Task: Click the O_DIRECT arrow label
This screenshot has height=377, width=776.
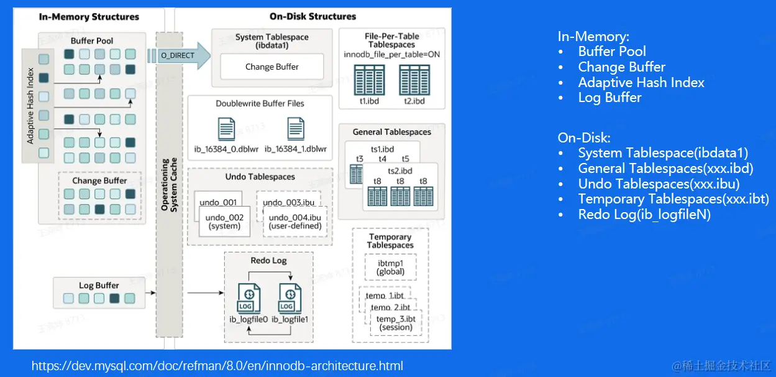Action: tap(178, 55)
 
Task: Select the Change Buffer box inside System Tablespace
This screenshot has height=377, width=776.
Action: tap(272, 67)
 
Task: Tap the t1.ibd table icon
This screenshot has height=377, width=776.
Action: tap(370, 79)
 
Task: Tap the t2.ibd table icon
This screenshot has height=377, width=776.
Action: tap(414, 79)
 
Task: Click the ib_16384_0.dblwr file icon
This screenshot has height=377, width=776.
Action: tap(227, 129)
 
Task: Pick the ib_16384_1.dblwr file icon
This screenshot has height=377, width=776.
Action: tap(296, 129)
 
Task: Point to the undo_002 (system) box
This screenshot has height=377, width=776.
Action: tap(224, 221)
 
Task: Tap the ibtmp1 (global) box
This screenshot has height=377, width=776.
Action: tap(391, 268)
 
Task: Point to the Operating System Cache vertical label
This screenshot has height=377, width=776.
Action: tap(169, 184)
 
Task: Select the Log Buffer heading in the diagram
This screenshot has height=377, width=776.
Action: tap(99, 286)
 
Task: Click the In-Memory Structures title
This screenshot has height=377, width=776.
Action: tap(89, 17)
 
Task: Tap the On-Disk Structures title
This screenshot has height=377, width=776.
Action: tap(313, 17)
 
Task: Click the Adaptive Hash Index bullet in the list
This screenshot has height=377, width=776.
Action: tap(641, 82)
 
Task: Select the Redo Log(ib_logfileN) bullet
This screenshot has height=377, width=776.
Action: tap(644, 215)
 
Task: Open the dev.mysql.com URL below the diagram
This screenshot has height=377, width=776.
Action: tap(217, 366)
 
